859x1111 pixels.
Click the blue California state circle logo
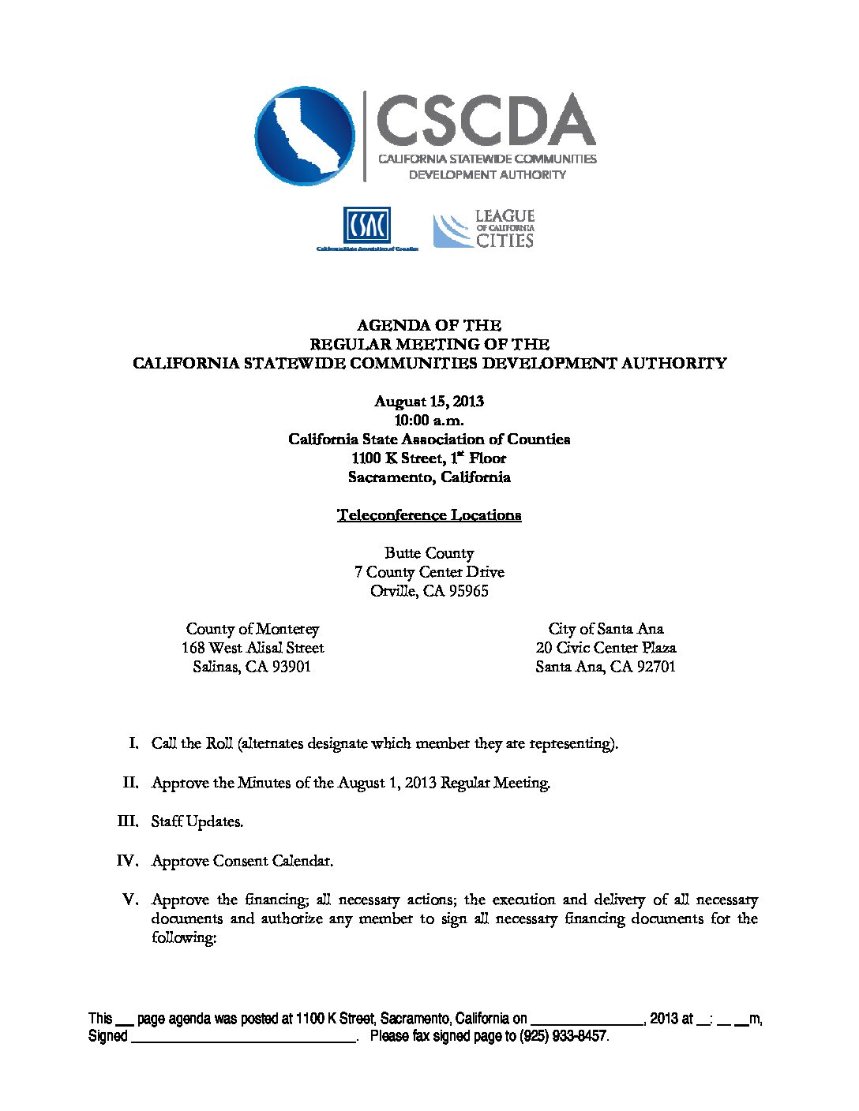pyautogui.click(x=305, y=136)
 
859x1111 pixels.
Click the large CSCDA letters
pyautogui.click(x=486, y=120)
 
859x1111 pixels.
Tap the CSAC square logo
pyautogui.click(x=366, y=226)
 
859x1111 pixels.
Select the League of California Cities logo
pyautogui.click(x=484, y=229)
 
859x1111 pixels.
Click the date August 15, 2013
pyautogui.click(x=429, y=401)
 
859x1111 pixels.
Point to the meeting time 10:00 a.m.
pyautogui.click(x=429, y=420)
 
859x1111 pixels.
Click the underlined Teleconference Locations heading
pyautogui.click(x=429, y=515)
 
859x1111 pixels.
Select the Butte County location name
pyautogui.click(x=429, y=553)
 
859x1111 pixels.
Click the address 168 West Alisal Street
pyautogui.click(x=253, y=648)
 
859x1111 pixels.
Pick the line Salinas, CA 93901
pyautogui.click(x=252, y=667)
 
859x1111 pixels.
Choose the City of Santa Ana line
pyautogui.click(x=606, y=629)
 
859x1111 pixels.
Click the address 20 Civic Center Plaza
pyautogui.click(x=606, y=648)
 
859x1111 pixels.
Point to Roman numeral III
pyautogui.click(x=127, y=821)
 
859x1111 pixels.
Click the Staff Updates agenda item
pyautogui.click(x=197, y=821)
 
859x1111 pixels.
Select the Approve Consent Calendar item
pyautogui.click(x=242, y=861)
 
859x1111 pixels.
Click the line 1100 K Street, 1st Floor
pyautogui.click(x=429, y=458)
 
